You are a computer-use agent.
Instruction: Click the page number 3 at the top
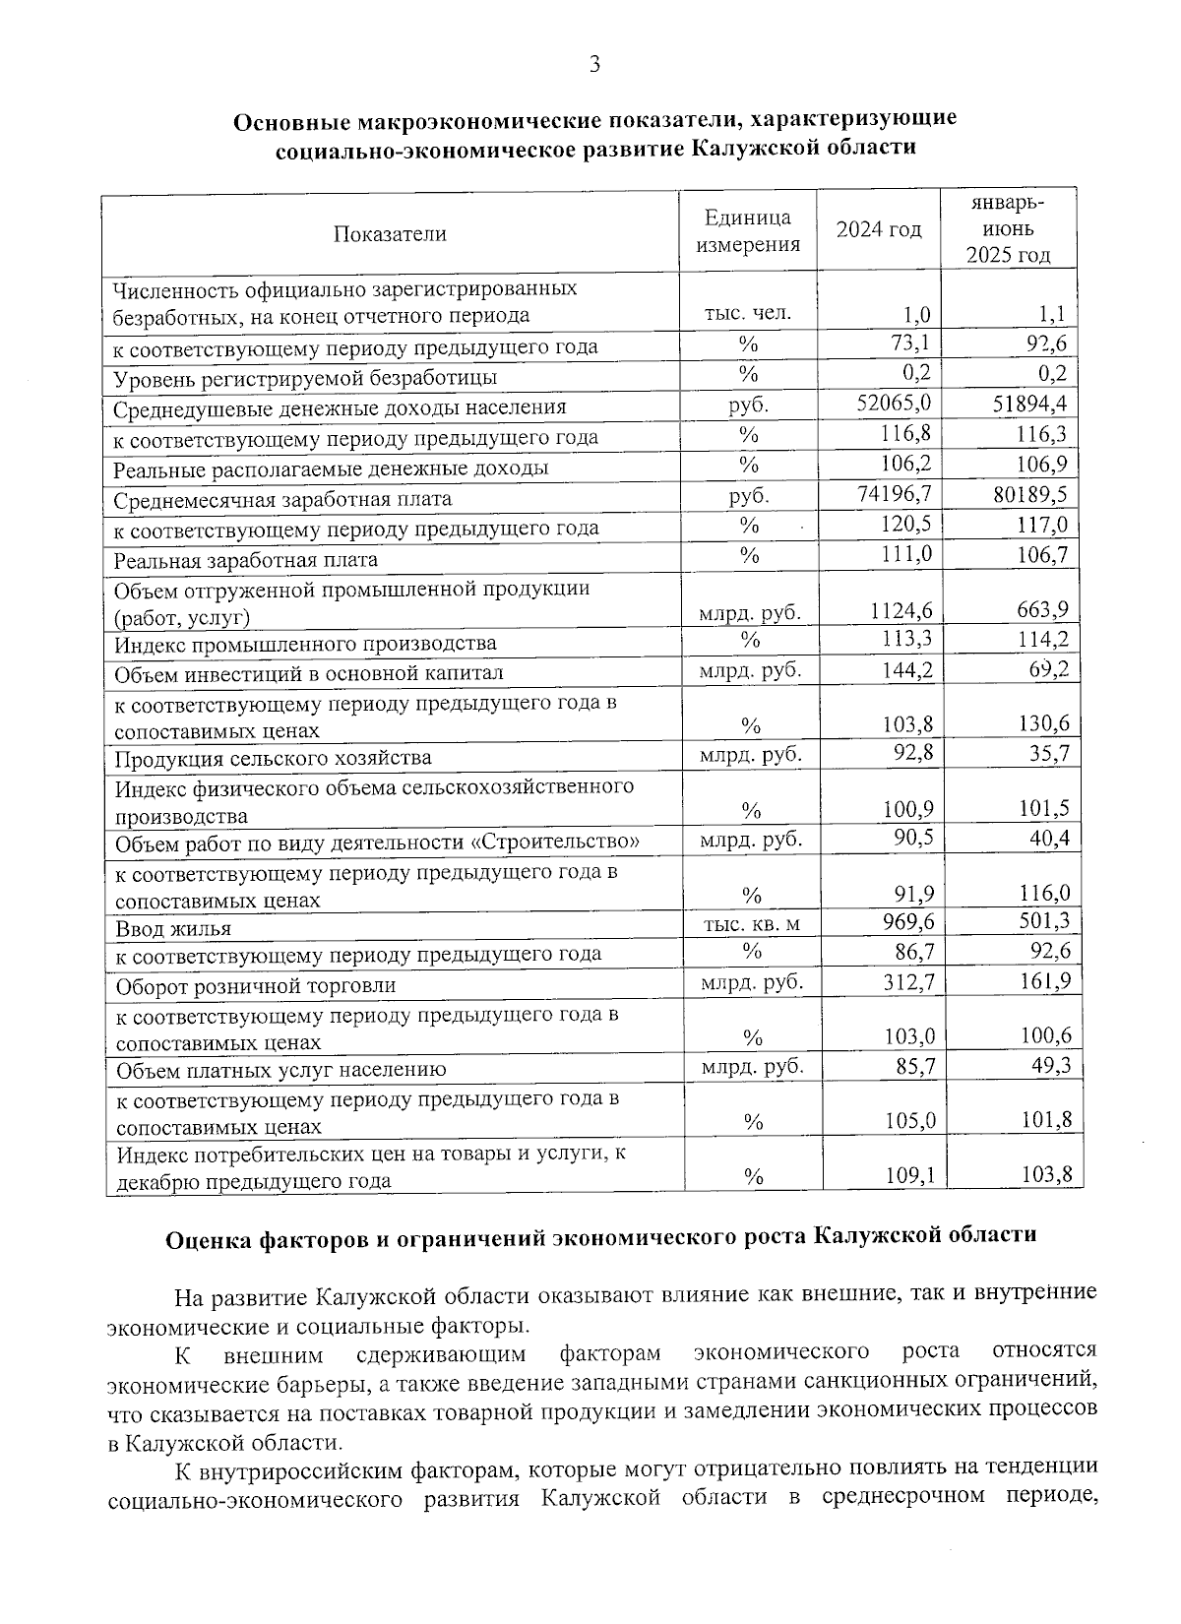pyautogui.click(x=593, y=66)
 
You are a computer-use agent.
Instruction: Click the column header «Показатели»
pyautogui.click(x=390, y=234)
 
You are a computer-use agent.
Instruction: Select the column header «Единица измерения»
pyautogui.click(x=748, y=231)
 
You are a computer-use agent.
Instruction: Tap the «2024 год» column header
pyautogui.click(x=879, y=230)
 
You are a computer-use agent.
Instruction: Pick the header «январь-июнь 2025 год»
pyautogui.click(x=1008, y=229)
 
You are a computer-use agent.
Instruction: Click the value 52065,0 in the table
pyautogui.click(x=895, y=404)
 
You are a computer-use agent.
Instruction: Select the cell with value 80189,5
pyautogui.click(x=1029, y=494)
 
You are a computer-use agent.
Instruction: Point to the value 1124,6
pyautogui.click(x=901, y=611)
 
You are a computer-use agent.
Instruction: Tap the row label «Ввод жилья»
pyautogui.click(x=173, y=929)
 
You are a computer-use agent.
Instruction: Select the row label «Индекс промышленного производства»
pyautogui.click(x=305, y=645)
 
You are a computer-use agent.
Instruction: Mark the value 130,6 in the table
pyautogui.click(x=1042, y=723)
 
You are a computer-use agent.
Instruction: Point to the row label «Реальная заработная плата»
pyautogui.click(x=246, y=560)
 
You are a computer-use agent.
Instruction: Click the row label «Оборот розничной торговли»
pyautogui.click(x=256, y=985)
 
